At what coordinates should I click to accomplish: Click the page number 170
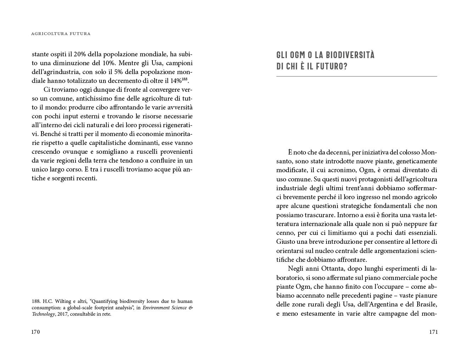[x=35, y=332]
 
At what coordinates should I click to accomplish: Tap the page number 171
[x=433, y=332]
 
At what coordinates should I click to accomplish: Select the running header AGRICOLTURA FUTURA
[x=61, y=34]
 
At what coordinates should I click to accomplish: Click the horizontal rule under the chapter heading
[x=356, y=77]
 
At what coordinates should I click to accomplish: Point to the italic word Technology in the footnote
[x=43, y=314]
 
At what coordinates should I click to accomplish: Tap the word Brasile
[x=425, y=304]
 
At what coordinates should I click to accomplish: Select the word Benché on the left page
[x=50, y=134]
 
